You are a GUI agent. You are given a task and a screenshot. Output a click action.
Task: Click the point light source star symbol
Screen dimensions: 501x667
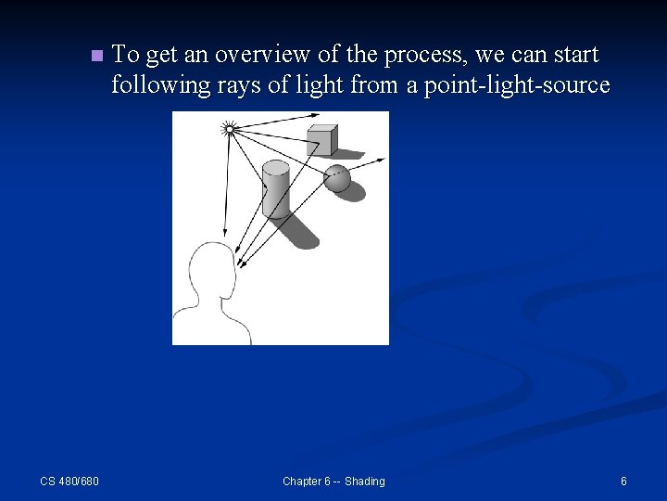coord(230,129)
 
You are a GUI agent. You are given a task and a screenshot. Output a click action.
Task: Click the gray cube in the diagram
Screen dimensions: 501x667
coord(322,140)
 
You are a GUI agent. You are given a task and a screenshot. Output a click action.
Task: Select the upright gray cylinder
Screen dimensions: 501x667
coord(275,190)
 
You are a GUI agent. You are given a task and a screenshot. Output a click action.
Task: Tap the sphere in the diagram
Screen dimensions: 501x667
coord(337,177)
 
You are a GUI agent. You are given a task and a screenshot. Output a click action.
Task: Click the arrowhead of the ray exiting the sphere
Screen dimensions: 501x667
coord(382,161)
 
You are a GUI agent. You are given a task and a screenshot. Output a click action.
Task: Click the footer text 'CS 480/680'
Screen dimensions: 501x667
coord(69,481)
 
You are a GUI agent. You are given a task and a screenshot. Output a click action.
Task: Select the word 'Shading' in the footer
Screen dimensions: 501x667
coord(364,481)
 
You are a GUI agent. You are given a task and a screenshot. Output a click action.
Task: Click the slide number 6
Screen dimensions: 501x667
coord(623,481)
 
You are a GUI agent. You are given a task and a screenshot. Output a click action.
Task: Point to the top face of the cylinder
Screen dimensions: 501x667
coord(275,167)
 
